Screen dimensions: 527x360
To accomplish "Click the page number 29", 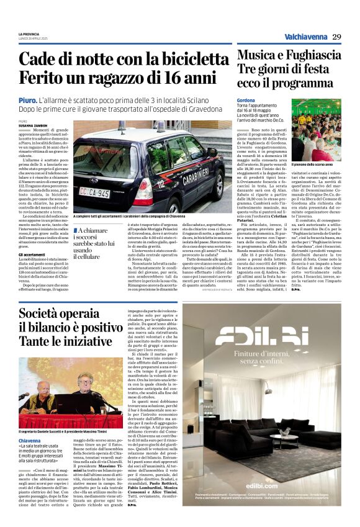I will [337, 37].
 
